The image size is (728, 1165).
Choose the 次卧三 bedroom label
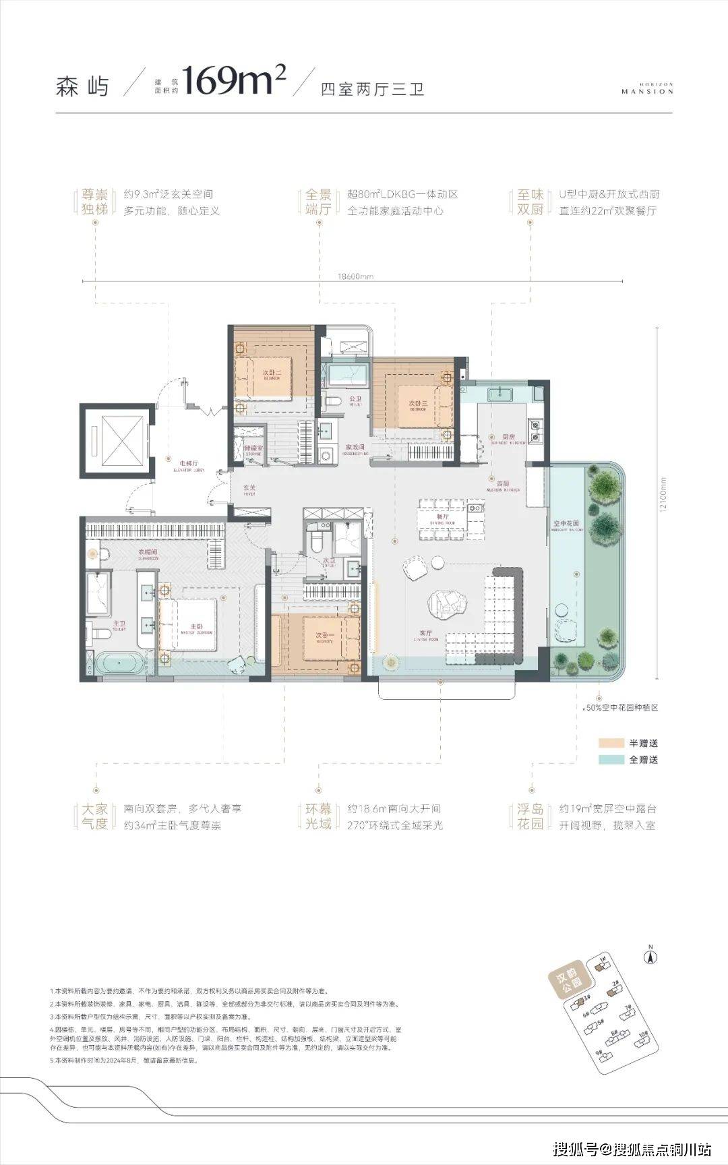[x=418, y=403]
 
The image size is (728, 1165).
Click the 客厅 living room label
[x=425, y=633]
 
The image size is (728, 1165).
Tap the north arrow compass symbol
[x=651, y=955]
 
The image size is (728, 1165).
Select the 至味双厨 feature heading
[x=530, y=202]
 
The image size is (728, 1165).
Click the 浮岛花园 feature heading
[x=530, y=816]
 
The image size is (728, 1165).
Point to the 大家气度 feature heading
[x=95, y=816]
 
